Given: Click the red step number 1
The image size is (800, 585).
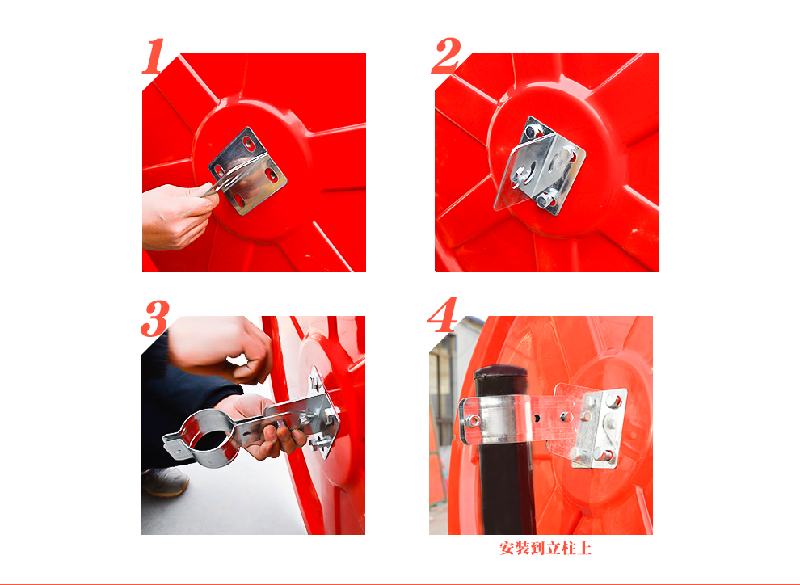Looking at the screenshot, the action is click(154, 56).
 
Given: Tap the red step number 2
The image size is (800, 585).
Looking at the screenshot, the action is click(446, 56).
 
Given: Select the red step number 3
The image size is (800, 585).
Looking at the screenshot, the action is click(155, 318).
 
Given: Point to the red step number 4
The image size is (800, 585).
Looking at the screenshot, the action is click(442, 314).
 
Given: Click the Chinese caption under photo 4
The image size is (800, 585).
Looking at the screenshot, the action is click(546, 549).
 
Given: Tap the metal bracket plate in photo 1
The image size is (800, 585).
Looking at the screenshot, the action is click(248, 170).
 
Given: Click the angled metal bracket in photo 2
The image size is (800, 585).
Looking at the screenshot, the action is click(540, 166).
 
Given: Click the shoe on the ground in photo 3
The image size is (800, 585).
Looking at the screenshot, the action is click(166, 481).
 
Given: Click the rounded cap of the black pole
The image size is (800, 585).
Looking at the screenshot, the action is click(500, 372).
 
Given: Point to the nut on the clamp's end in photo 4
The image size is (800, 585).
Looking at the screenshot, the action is click(472, 421).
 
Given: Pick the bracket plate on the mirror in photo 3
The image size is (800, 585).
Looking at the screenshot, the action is click(323, 413).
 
